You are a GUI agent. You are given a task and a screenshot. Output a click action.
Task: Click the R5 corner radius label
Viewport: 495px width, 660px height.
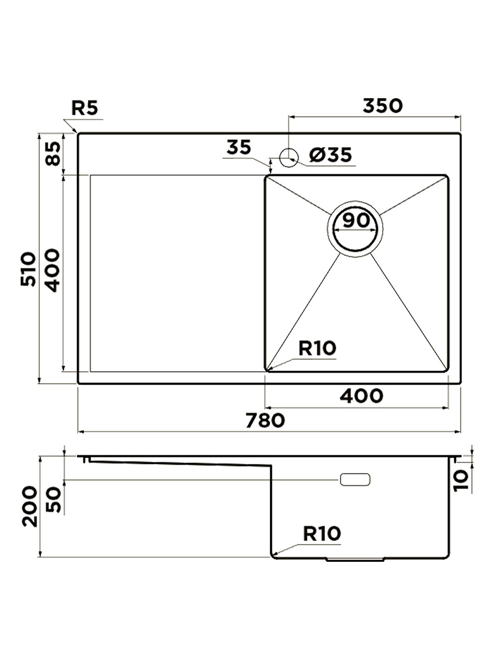pos(85,108)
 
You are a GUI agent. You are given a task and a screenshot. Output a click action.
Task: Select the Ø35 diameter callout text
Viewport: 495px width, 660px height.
pos(330,155)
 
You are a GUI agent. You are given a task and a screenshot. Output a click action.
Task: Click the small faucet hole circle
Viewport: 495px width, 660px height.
pos(288,158)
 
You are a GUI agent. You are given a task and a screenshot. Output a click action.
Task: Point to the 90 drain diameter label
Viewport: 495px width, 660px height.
pos(356,220)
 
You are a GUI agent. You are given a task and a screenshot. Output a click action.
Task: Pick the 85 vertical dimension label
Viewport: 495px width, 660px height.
pos(54,153)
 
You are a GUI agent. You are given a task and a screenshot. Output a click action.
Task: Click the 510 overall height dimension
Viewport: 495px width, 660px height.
pos(28,269)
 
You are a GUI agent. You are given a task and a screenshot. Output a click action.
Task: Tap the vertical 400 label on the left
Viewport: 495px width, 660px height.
pos(54,271)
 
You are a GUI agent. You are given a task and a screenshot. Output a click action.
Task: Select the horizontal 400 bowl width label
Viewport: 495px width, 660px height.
pos(361,396)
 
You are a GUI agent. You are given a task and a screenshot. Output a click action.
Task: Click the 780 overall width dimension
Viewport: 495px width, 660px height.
pos(265,420)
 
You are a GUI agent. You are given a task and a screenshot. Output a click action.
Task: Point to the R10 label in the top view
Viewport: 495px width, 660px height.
pos(317,348)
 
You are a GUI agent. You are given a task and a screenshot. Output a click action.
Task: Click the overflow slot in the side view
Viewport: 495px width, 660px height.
pos(355,479)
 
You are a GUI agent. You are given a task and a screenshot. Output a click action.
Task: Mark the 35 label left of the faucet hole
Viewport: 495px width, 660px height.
pos(238,148)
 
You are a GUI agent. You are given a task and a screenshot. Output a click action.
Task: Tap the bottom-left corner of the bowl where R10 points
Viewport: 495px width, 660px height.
pos(266,370)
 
